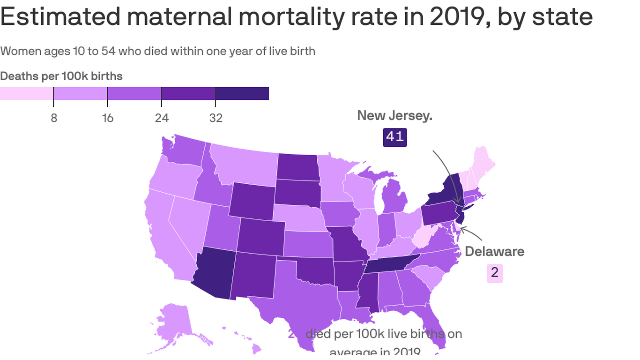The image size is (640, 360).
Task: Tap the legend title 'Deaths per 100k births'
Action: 61,76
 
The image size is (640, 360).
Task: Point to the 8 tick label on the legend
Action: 54,118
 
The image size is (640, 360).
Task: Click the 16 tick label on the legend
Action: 108,118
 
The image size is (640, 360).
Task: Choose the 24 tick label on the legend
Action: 162,118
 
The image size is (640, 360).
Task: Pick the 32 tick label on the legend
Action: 216,118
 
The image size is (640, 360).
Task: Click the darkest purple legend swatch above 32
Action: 242,93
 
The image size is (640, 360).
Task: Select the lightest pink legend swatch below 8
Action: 26,93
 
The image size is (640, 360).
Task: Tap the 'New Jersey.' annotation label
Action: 394,115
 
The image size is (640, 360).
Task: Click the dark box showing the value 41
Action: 394,137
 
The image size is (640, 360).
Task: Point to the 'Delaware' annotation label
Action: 494,251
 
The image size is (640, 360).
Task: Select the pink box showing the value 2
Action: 495,272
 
